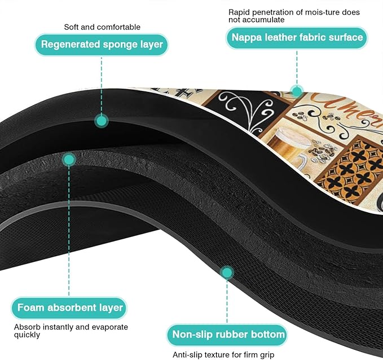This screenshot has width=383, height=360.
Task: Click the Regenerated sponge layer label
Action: pos(102,45)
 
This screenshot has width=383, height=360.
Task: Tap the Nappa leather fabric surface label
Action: pos(297,38)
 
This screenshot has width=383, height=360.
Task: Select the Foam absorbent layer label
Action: pos(69,308)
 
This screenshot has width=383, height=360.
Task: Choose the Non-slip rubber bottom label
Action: pos(227,335)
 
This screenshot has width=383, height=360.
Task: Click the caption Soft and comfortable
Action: pos(102,27)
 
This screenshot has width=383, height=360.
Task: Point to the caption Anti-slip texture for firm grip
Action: pos(223,354)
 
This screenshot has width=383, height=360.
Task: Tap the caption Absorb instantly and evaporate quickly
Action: pos(71,331)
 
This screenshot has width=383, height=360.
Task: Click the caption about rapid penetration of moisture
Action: pos(294,16)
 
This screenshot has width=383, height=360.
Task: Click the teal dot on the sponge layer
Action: pos(102,121)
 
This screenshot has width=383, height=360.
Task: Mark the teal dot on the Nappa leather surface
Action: pos(297,91)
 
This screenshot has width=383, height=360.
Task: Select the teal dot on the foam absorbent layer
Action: pos(69,160)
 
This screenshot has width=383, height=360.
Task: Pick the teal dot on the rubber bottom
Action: pos(227,273)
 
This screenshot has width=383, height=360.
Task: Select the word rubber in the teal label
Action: pos(229,335)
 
